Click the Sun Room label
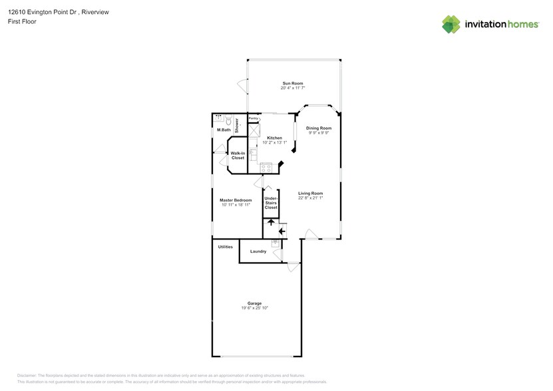[x=292, y=83]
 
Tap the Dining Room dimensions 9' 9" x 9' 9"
[x=319, y=133]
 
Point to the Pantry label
[x=253, y=118]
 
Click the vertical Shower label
[x=236, y=126]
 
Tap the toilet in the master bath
[x=228, y=121]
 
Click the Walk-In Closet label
[x=238, y=156]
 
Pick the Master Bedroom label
[x=236, y=199]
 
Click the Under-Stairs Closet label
[x=271, y=203]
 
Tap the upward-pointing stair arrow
[x=271, y=221]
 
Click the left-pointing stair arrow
[x=281, y=231]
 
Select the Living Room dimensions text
[x=310, y=198]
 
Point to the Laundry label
[x=258, y=251]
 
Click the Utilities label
[x=226, y=247]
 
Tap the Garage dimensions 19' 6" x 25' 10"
[x=254, y=308]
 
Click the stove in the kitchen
[x=266, y=167]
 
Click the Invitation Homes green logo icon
[x=451, y=24]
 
